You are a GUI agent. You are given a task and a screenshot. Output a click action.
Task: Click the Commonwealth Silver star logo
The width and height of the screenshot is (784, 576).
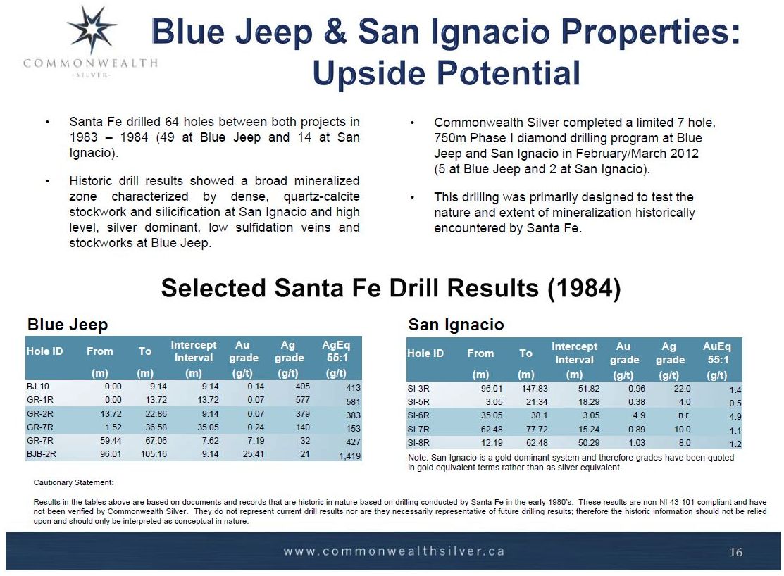coord(92,30)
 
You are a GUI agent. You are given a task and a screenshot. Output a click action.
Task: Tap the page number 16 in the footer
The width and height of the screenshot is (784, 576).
coord(735,552)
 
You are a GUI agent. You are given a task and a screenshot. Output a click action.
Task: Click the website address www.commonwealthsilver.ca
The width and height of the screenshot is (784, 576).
coord(394,551)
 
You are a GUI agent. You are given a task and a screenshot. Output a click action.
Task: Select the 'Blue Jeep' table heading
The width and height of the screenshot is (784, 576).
coord(68,325)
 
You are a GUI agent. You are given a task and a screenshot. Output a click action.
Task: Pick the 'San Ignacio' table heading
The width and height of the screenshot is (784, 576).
coord(456,325)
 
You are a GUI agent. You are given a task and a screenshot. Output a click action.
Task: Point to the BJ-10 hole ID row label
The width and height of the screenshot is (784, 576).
coord(37,387)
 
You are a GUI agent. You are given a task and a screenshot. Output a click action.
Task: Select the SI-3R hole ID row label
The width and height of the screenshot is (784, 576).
coord(419,388)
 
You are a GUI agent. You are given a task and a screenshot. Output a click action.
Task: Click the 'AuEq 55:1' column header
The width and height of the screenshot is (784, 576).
coord(717,353)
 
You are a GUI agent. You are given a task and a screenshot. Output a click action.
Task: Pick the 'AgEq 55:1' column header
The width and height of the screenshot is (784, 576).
coord(336,351)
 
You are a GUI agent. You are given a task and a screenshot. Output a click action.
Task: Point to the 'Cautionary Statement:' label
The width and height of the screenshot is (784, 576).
coord(73,482)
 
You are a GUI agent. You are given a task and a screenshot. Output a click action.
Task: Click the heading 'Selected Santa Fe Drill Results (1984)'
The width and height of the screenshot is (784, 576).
coord(391,288)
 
